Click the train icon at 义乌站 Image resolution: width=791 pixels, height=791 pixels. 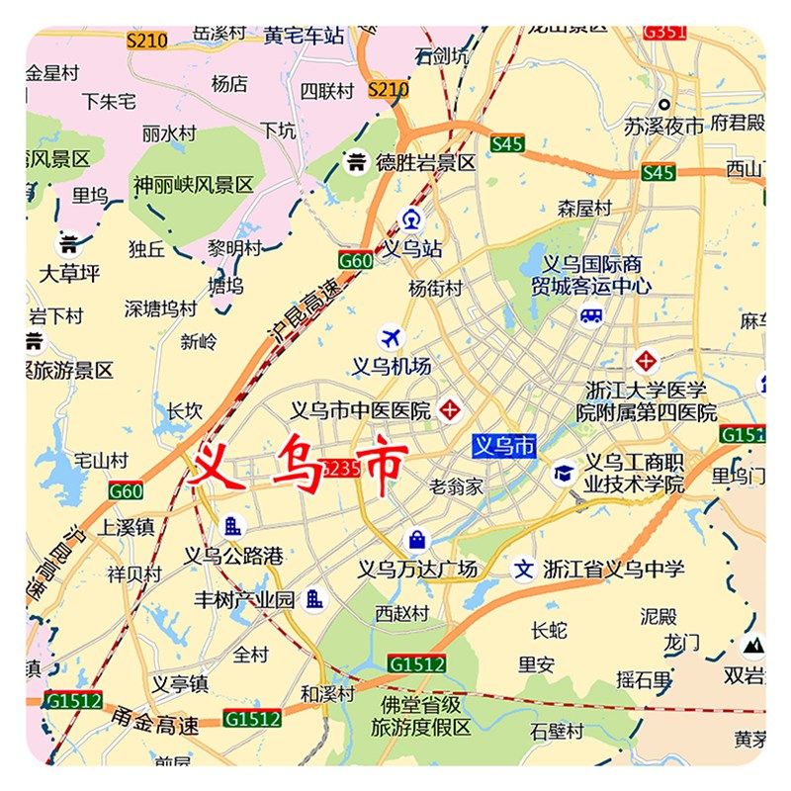410,220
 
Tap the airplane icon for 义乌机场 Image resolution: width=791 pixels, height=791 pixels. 392,338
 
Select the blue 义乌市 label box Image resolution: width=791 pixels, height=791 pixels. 504,446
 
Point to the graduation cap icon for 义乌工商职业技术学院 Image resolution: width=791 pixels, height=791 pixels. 564,474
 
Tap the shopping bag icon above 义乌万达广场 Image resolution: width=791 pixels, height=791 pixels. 417,540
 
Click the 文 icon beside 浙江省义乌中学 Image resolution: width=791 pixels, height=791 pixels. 523,570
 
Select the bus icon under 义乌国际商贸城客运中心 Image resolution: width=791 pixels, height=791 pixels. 591,315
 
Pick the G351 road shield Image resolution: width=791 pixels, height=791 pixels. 663,32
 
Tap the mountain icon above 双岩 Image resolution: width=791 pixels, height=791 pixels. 753,647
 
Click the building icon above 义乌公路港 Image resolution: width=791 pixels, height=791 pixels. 233,527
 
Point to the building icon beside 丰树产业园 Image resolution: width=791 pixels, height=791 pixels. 314,598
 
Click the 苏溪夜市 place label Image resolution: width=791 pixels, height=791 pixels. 663,126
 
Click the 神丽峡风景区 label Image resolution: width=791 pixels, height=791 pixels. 194,185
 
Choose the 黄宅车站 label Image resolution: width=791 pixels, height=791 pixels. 304,36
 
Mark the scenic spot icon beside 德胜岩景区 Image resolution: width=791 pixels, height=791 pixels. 356,161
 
